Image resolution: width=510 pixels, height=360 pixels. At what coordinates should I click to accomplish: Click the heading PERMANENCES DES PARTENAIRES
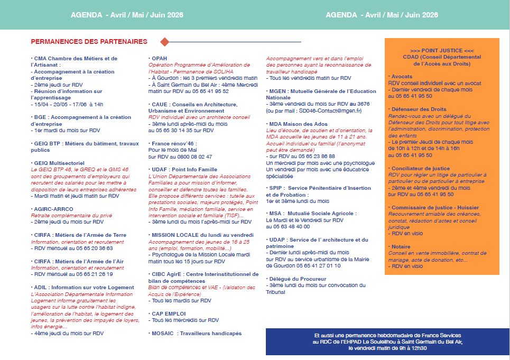click(x=89, y=41)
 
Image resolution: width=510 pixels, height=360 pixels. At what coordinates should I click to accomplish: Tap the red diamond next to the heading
click(x=164, y=41)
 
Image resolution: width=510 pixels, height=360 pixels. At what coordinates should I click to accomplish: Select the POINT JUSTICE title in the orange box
click(x=442, y=50)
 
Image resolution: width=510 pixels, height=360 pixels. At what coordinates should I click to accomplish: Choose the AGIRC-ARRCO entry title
click(x=53, y=209)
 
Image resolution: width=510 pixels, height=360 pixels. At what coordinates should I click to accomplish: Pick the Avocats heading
click(x=400, y=77)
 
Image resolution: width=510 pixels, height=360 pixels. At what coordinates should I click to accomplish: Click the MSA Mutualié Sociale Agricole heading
click(x=312, y=214)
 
